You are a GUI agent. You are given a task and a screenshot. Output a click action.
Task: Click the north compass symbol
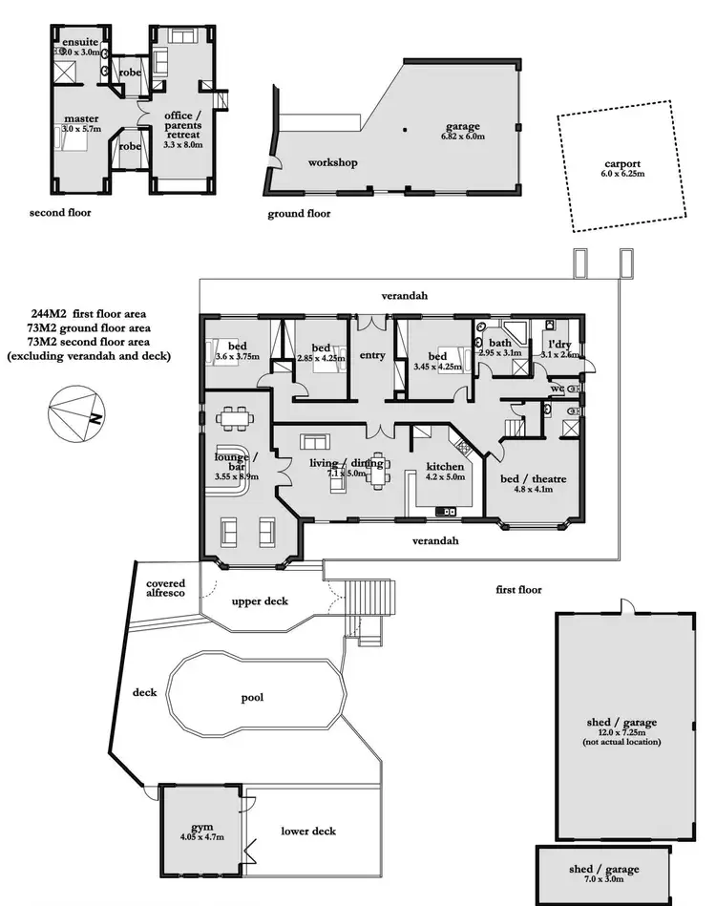[x=74, y=411]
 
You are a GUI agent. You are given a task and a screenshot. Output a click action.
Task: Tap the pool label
[x=252, y=698]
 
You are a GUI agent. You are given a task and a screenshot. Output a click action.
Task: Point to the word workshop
[x=332, y=163]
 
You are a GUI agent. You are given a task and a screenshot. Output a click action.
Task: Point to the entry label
[x=371, y=356]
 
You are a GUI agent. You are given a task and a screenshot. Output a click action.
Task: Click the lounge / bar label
[x=231, y=463]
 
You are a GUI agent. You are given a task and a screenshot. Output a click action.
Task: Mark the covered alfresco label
[x=165, y=588]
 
